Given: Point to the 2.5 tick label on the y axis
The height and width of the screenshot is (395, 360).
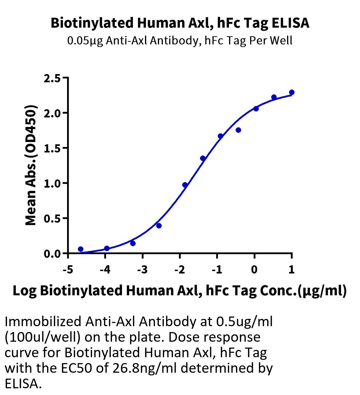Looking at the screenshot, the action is [x=52, y=78].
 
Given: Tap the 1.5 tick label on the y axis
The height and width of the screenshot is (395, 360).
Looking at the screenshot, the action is [x=52, y=149].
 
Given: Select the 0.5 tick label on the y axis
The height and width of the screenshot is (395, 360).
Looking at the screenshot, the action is [x=52, y=219].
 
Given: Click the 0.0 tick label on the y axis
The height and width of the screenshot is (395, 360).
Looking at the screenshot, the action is [x=52, y=254].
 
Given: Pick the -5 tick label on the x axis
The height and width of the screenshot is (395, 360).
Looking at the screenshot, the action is [x=68, y=269].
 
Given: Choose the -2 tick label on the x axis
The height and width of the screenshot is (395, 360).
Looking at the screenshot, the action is [x=180, y=269].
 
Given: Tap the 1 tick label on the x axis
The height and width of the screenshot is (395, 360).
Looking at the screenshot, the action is [x=292, y=269].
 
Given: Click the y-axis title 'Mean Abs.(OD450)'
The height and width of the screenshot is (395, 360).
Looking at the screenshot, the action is [x=31, y=165].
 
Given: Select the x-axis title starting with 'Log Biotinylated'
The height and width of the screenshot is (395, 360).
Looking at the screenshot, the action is [x=180, y=291].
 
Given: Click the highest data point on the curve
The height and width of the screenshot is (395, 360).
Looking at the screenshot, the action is [x=292, y=92].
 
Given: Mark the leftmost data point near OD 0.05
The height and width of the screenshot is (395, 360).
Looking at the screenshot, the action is [x=81, y=249].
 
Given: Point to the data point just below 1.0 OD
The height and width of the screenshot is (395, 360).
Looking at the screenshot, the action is [x=185, y=185].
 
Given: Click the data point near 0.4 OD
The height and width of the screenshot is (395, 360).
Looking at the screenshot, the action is [x=159, y=226].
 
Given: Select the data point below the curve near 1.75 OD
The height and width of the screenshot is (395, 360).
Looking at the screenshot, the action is [x=238, y=130].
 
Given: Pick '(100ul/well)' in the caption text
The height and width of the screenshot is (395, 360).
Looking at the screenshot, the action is [x=42, y=337].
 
